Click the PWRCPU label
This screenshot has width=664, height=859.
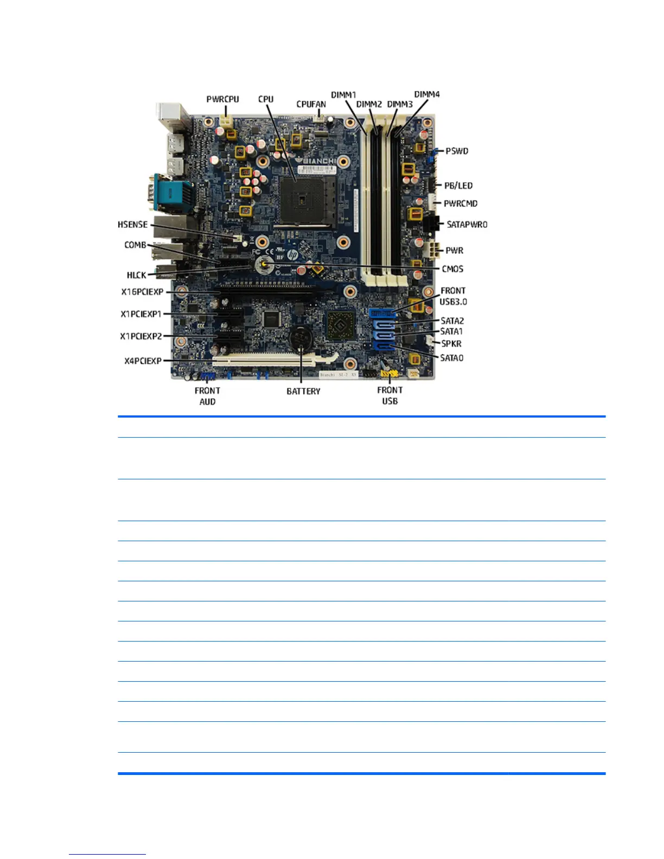point(222,99)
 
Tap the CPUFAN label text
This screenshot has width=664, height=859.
point(311,104)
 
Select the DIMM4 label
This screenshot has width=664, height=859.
point(427,94)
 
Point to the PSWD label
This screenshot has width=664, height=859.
point(457,151)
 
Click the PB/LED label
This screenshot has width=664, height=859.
point(458,185)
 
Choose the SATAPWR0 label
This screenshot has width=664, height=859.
point(467,225)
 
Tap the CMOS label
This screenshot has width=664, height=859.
point(452,269)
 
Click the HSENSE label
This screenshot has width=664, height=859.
point(132,225)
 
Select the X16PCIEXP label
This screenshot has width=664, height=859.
point(142,292)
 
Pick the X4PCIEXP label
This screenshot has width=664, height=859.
point(143,361)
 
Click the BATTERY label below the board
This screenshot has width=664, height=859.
point(303,391)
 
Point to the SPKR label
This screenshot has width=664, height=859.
point(451,344)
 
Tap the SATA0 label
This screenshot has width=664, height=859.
point(451,358)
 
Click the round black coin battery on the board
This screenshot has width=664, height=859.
point(300,339)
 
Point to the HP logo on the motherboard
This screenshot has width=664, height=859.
point(293,254)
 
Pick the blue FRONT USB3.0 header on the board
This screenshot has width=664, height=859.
point(382,313)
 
